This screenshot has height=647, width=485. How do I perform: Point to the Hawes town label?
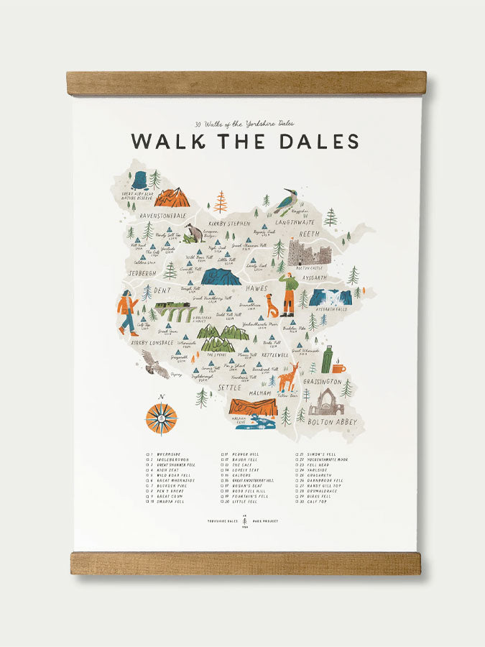coord(257,288)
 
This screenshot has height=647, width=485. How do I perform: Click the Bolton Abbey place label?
coord(332,423)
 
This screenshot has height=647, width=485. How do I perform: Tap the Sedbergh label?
coord(143,274)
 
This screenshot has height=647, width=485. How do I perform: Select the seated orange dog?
coord(272,306)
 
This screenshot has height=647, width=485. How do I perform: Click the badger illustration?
coord(193,233)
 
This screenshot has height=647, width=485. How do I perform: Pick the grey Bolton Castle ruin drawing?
coord(309,254)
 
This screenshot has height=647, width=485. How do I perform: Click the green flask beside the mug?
coord(327,359)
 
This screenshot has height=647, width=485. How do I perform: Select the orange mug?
coord(338,368)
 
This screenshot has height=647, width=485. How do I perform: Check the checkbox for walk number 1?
coord(148,454)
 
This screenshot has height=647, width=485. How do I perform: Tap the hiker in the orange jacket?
coord(128,312)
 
